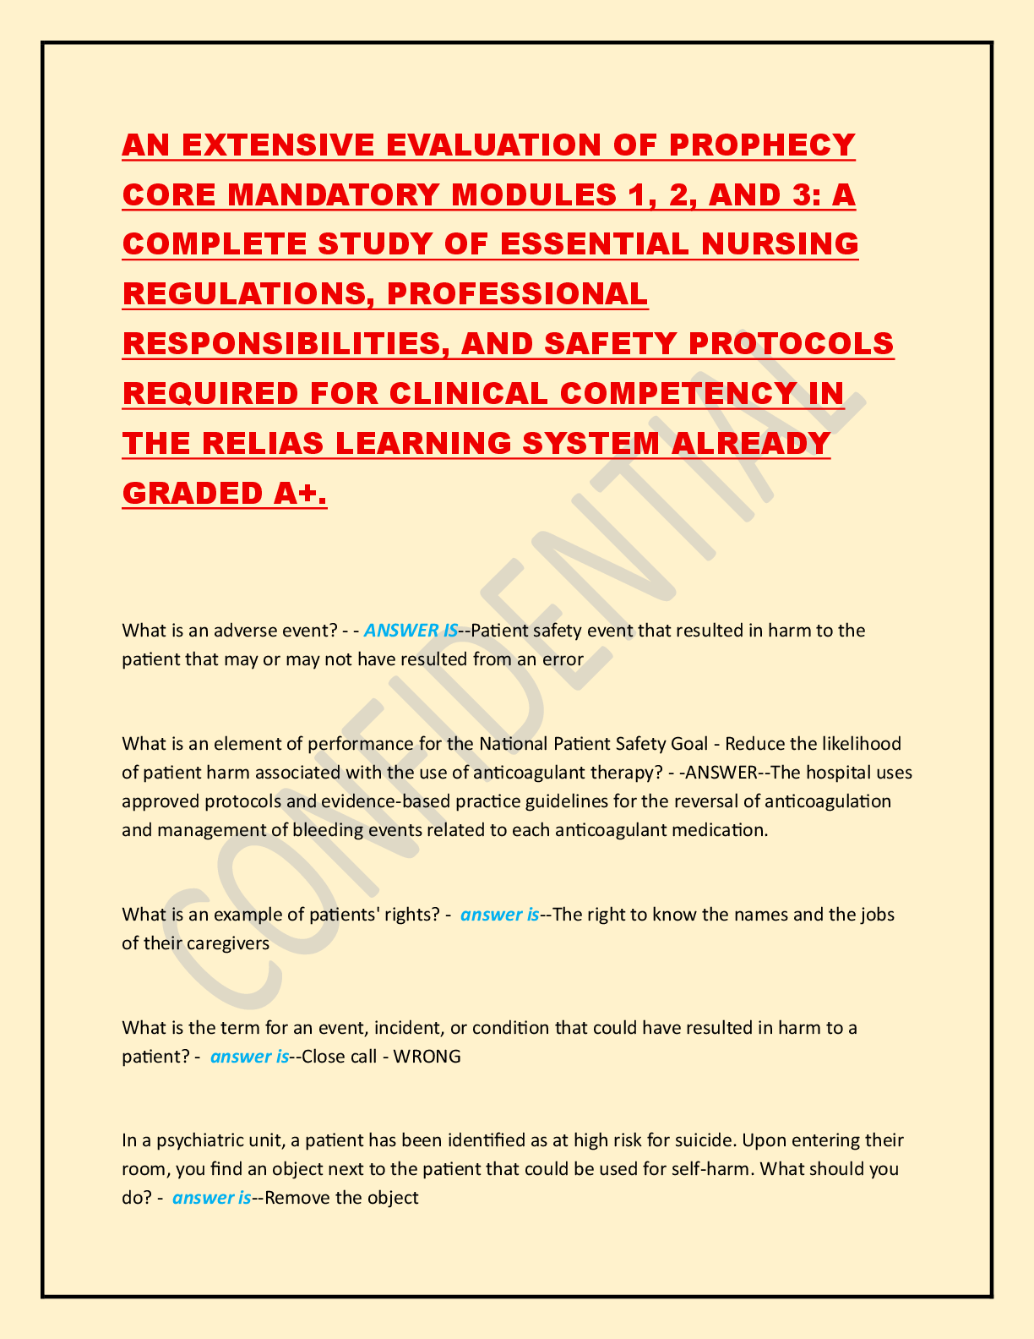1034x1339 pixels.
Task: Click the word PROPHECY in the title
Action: tap(762, 145)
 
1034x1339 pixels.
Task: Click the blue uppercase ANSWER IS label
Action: tap(411, 630)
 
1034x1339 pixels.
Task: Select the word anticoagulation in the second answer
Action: tap(828, 801)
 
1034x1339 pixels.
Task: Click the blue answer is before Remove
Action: tap(211, 1198)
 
